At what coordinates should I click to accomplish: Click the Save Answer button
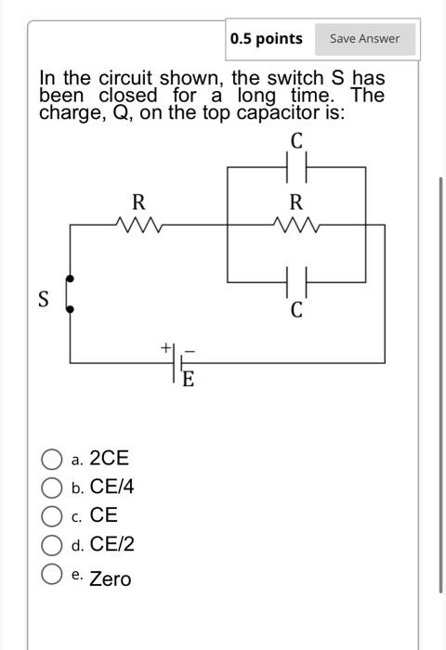pos(364,38)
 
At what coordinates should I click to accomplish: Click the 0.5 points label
pos(267,38)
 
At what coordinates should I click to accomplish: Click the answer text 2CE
pos(109,458)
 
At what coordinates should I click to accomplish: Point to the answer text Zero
pos(111,578)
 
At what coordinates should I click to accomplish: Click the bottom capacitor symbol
pos(296,279)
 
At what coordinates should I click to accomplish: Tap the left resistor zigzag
pos(138,224)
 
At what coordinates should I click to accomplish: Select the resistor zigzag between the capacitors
pos(295,224)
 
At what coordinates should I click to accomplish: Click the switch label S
pos(43,299)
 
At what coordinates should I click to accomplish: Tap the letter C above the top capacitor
pos(296,142)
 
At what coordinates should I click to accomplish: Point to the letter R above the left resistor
pos(138,201)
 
